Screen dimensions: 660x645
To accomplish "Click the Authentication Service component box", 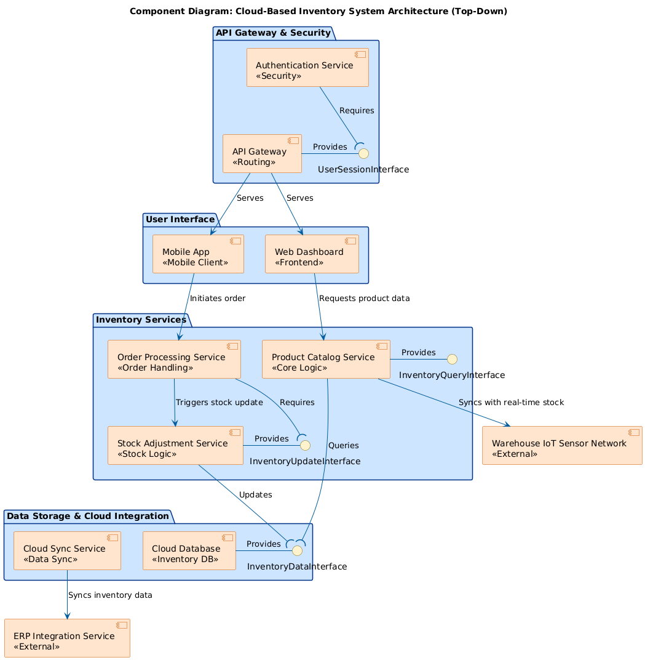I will (307, 68).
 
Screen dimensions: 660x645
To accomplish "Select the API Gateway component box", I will (262, 154).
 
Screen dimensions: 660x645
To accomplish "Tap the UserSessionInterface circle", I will (363, 153).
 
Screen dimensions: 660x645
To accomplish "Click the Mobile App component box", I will (198, 254).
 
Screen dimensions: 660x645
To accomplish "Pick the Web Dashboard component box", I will (312, 254).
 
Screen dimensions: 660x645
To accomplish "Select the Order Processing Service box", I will (174, 359).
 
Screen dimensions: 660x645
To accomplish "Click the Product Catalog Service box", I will (326, 359).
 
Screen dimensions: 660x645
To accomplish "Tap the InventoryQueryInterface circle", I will (452, 359).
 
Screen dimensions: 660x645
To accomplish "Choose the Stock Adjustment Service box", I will (175, 445).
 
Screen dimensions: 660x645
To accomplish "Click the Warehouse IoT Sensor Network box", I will (562, 445).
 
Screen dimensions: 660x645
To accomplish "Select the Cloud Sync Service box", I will (67, 550).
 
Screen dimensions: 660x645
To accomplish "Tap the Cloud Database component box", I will (189, 550).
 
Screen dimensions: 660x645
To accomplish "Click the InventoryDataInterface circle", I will (297, 550).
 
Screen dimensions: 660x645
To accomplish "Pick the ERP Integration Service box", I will (67, 638).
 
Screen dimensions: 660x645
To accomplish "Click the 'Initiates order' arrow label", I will (218, 299).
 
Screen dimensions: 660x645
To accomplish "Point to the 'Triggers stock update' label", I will (219, 403).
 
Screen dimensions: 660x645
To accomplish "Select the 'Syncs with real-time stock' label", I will (511, 403).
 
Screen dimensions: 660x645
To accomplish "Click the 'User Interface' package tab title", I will (180, 219).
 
